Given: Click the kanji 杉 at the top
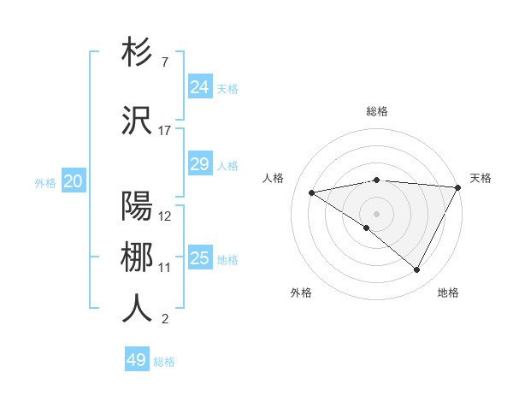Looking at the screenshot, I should (137, 53).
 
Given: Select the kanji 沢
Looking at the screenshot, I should (137, 120).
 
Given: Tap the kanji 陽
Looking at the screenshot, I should (137, 206).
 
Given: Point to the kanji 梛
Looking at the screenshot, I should (137, 257).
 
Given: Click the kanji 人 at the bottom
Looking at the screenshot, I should (137, 309).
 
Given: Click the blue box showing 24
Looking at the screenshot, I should (199, 87).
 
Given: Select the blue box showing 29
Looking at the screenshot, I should (199, 164).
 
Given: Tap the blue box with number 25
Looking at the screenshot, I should (199, 258).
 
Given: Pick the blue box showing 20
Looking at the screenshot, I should (74, 181).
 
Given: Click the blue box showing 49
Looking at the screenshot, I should (137, 360).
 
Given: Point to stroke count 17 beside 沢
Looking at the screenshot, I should (165, 131).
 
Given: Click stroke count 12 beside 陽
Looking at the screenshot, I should (165, 216).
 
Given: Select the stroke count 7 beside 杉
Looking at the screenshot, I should (164, 62).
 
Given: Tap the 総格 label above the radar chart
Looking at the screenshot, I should (377, 111).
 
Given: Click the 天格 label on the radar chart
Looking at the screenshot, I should (481, 178).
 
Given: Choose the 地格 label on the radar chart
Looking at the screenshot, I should (448, 293).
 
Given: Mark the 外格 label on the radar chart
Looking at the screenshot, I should (301, 293).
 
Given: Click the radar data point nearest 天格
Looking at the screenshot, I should (459, 187).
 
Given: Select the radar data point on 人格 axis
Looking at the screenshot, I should (312, 192).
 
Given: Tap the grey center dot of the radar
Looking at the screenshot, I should (376, 213).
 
